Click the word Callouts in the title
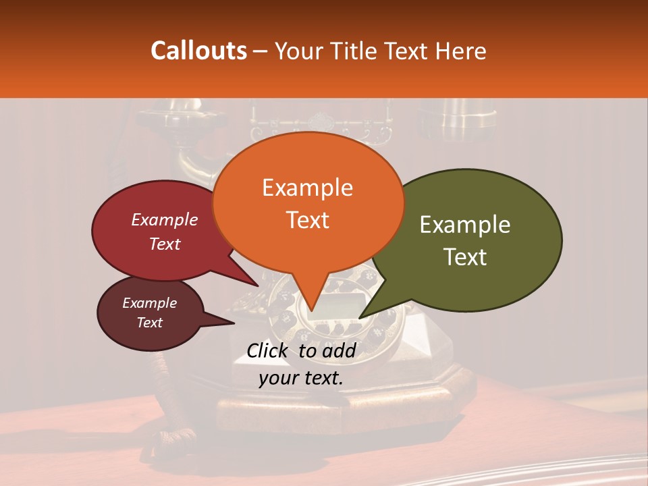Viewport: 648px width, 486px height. pyautogui.click(x=198, y=51)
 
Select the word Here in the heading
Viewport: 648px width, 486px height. pyautogui.click(x=459, y=51)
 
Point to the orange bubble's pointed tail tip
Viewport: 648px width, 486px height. pyautogui.click(x=312, y=311)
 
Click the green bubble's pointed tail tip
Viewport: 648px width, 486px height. pyautogui.click(x=359, y=318)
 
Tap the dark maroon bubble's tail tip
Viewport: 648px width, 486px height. pyautogui.click(x=234, y=323)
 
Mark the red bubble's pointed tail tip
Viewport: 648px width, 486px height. pyautogui.click(x=257, y=286)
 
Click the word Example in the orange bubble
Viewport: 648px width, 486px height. pyautogui.click(x=307, y=188)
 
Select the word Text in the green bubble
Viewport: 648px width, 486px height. pyautogui.click(x=466, y=256)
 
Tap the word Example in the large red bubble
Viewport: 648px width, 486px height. pyautogui.click(x=165, y=219)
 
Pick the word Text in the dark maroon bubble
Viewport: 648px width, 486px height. pyautogui.click(x=150, y=323)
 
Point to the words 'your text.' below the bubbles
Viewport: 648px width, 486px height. pyautogui.click(x=301, y=378)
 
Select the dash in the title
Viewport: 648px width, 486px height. pyautogui.click(x=261, y=51)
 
